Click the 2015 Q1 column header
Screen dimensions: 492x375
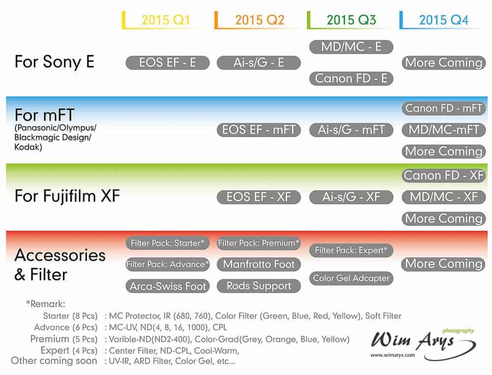[x=166, y=20]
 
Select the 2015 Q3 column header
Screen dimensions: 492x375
[x=351, y=20]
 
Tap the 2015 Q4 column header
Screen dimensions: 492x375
[x=444, y=20]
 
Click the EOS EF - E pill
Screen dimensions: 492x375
[x=168, y=63]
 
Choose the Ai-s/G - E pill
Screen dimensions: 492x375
[x=259, y=63]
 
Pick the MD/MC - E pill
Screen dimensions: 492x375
[x=351, y=47]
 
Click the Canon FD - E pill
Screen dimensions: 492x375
[x=351, y=78]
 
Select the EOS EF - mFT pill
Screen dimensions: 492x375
[x=259, y=130]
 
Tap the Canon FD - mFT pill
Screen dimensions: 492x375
[x=444, y=109]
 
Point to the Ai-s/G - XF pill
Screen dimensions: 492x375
[x=351, y=197]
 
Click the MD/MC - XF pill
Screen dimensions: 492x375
[x=444, y=197]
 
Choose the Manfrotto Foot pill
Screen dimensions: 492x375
[x=259, y=264]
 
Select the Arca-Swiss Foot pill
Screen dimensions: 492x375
[x=168, y=286]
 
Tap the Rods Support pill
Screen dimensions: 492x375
[x=259, y=286]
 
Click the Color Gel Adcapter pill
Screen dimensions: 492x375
[x=351, y=278]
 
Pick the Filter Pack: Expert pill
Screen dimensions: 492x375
[x=351, y=250]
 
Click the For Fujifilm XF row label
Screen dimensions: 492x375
[x=67, y=196]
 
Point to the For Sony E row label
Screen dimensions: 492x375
[x=54, y=62]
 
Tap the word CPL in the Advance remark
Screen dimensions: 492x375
[x=219, y=327]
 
